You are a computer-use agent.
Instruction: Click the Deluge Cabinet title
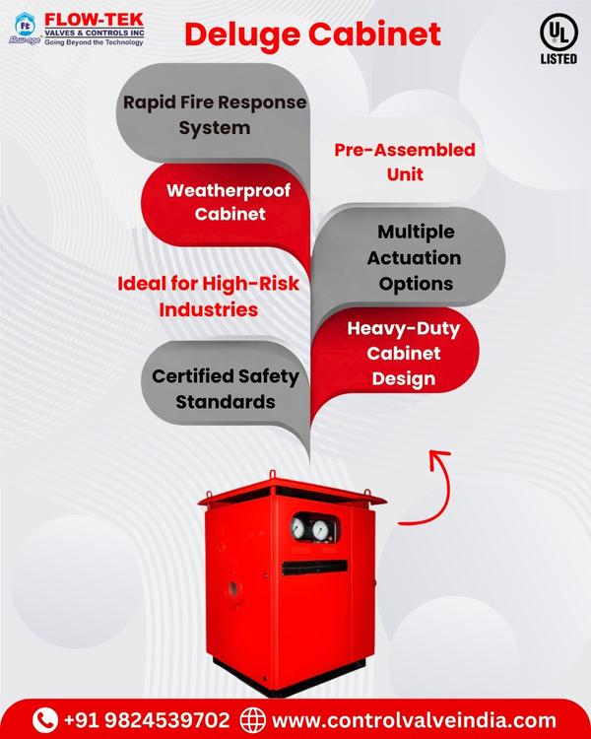point(312,34)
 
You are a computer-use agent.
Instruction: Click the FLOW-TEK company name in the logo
point(93,17)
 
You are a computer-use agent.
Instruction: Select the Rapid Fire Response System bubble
point(214,114)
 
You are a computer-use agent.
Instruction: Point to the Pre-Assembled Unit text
point(404,162)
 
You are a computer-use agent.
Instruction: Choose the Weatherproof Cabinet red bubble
point(229,201)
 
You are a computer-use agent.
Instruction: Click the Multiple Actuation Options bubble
point(416,257)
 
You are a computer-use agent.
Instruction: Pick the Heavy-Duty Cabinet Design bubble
point(403,353)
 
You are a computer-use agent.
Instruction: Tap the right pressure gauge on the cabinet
point(320,530)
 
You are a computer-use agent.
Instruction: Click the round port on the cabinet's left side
point(233,588)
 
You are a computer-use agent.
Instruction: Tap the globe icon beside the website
point(253,718)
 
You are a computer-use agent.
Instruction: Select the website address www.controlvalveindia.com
point(414,718)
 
